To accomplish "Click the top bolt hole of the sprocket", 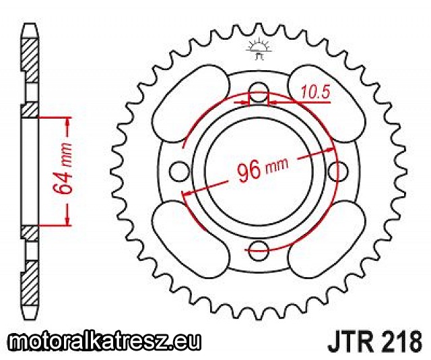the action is (259, 92).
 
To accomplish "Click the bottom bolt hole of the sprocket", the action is (259, 250).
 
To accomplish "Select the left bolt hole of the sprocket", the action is (179, 171).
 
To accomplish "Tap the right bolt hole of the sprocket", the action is (337, 171).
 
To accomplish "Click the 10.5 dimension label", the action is (315, 92).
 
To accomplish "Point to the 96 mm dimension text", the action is (262, 169).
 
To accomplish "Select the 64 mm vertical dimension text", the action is (63, 169).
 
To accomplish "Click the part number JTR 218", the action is (374, 340).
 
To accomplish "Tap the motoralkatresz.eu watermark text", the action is (104, 341).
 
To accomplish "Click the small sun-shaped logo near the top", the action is (259, 49).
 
